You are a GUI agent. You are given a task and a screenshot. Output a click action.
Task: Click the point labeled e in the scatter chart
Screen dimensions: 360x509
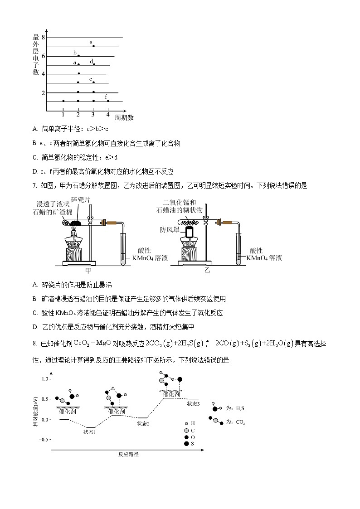tap(93, 46)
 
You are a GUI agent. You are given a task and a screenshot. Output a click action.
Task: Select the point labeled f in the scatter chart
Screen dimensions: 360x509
tap(108, 101)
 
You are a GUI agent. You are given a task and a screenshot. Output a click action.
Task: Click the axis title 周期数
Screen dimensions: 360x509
tap(124, 117)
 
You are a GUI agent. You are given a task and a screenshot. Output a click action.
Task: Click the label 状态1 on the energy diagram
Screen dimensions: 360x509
tap(89, 432)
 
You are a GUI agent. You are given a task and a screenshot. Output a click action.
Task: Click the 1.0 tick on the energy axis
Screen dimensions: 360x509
tap(44, 378)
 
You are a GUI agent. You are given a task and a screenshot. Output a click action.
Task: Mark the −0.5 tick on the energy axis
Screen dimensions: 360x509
tap(43, 440)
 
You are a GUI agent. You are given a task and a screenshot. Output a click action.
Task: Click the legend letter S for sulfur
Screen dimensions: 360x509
tap(193, 444)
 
